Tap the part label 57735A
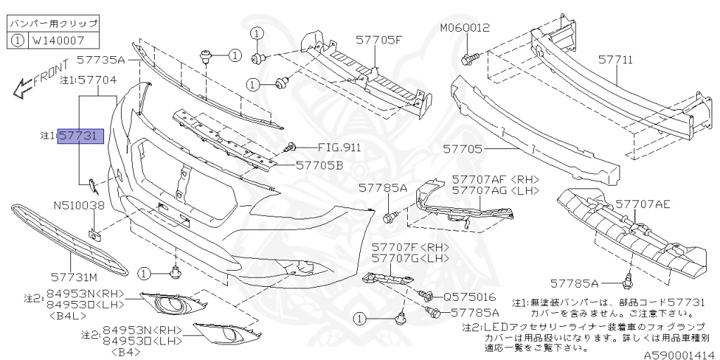coord(101,61)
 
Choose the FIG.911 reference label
coord(340,148)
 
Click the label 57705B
coord(319,166)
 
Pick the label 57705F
coord(378,39)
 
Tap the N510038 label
coord(79,206)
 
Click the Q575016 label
coord(470,297)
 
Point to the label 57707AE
coord(643,205)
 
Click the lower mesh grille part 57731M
coord(70,240)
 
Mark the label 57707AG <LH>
coord(495,191)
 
